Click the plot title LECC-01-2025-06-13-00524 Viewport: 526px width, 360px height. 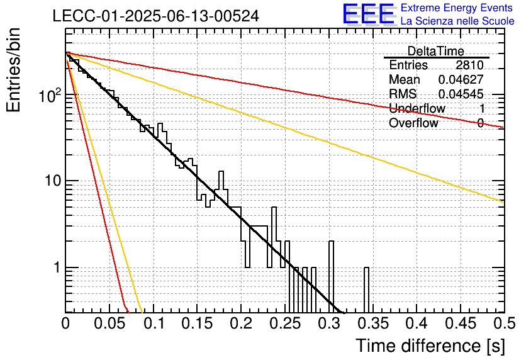click(x=156, y=16)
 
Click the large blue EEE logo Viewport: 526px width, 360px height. click(x=369, y=14)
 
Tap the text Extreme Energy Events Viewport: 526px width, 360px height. click(x=457, y=8)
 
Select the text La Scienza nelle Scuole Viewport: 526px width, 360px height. click(x=457, y=21)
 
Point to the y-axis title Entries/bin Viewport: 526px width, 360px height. click(x=13, y=70)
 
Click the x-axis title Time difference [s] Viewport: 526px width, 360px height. click(x=430, y=346)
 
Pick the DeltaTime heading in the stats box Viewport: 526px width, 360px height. click(x=436, y=51)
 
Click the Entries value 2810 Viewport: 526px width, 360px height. click(x=469, y=65)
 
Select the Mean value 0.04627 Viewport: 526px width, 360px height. click(x=461, y=79)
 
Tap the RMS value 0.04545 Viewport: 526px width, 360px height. click(x=461, y=94)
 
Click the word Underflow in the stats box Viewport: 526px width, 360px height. click(x=417, y=108)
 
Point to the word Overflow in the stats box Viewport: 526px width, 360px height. click(x=413, y=123)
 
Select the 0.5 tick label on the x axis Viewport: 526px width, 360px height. click(x=504, y=323)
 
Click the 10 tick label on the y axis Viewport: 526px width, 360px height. click(x=53, y=181)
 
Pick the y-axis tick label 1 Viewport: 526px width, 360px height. click(x=57, y=267)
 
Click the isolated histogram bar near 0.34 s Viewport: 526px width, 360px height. click(x=366, y=290)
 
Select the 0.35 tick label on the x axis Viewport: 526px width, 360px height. click(x=373, y=323)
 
